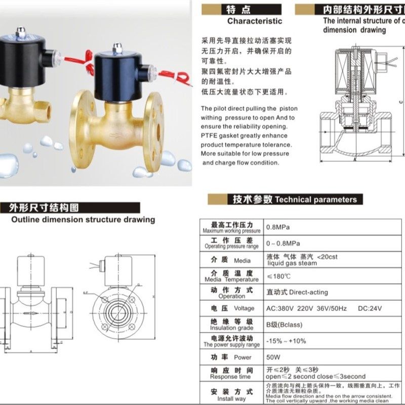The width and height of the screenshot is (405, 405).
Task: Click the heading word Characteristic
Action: [x=254, y=21]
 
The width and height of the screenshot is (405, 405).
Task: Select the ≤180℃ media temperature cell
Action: [x=278, y=276]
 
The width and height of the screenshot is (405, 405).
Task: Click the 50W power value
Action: [x=273, y=357]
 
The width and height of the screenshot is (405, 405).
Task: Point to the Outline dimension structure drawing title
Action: [x=83, y=220]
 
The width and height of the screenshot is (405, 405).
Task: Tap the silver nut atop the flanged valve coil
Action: [x=117, y=48]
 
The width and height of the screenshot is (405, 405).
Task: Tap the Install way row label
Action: [x=231, y=394]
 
